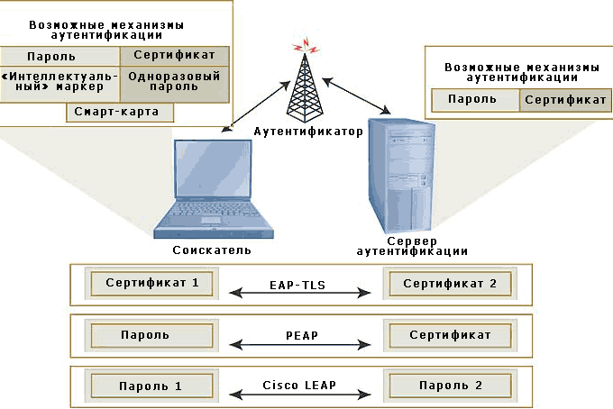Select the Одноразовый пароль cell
174,84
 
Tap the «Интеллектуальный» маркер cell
59,84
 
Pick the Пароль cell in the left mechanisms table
59,56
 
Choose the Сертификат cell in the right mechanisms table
565,100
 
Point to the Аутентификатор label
307,132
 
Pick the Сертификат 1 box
151,284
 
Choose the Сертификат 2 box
448,284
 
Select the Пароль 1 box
151,386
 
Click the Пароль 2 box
448,386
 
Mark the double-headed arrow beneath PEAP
301,344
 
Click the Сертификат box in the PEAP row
448,335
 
